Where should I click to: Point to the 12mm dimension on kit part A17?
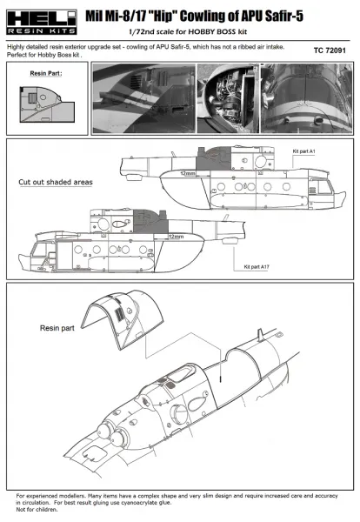click(x=175, y=236)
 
